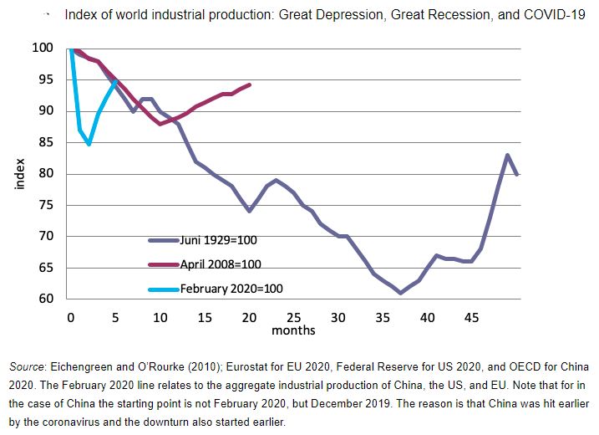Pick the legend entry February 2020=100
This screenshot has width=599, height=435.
(x=231, y=288)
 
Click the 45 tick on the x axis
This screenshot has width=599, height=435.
(x=472, y=318)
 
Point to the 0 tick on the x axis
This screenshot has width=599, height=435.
(x=71, y=318)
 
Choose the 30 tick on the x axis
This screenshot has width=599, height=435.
(x=338, y=318)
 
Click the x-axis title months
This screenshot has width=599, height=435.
(x=293, y=330)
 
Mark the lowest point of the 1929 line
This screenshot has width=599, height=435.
(x=400, y=293)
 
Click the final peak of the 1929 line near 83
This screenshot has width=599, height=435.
(x=507, y=155)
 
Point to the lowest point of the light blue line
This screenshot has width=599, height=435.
(x=89, y=144)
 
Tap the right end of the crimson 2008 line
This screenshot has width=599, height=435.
(x=250, y=84)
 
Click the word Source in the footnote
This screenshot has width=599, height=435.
(x=27, y=367)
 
